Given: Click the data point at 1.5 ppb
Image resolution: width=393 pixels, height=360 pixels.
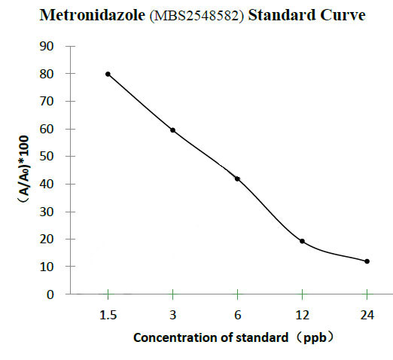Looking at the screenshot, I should point(108,74).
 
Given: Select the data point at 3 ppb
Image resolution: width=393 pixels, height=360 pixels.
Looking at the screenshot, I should point(173,130).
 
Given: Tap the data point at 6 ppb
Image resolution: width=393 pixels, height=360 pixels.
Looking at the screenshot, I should point(237,178).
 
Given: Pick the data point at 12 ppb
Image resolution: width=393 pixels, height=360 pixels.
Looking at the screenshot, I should point(302,241).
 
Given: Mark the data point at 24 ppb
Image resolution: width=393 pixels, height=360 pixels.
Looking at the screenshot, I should point(367,261).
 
